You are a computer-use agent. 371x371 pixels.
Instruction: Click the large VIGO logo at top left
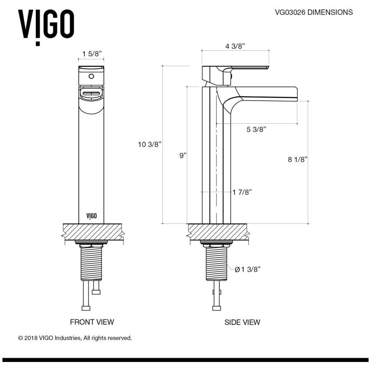tap(46, 26)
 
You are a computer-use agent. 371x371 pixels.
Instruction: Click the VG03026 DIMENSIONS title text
tap(314, 12)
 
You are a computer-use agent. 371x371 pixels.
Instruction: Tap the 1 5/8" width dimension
tap(92, 54)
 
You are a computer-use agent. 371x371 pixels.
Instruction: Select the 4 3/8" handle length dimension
tap(235, 46)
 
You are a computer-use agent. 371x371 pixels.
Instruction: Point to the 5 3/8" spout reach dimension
tap(256, 129)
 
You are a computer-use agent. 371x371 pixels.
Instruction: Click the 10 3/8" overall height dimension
tap(150, 144)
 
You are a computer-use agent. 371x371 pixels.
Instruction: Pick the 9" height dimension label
tap(183, 156)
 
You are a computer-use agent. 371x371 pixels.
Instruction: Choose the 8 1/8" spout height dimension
tap(297, 160)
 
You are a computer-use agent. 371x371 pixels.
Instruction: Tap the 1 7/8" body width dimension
tap(242, 192)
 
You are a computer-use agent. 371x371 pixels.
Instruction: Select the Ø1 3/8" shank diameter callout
tap(247, 269)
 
